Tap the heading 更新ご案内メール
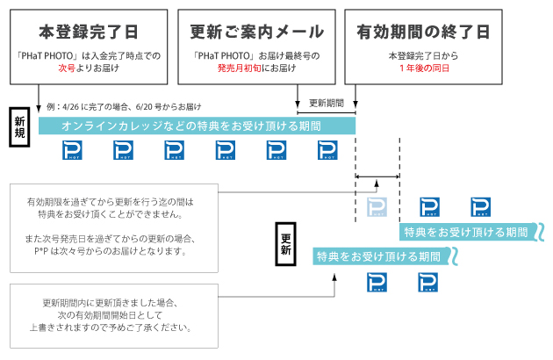click(x=256, y=32)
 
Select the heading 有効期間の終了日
click(x=422, y=32)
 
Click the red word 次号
click(x=67, y=68)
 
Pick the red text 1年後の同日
click(x=423, y=68)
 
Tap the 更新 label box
click(x=286, y=241)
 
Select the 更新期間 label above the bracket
click(x=327, y=103)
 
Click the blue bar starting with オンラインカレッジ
click(x=197, y=126)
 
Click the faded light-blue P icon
click(x=377, y=206)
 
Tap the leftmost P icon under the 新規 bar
click(x=73, y=152)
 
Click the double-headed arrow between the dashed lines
click(x=377, y=176)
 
